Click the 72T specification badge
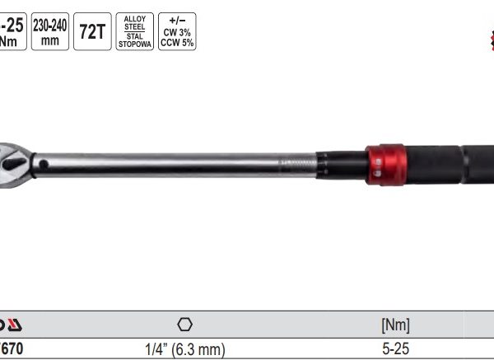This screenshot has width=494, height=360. point(91,31)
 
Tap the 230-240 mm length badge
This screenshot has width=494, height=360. point(49,31)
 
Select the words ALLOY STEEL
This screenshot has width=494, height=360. point(134,22)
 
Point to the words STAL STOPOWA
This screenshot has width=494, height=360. point(134,40)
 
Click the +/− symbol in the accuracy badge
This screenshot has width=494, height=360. point(177,18)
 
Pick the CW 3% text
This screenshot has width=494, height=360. point(177,30)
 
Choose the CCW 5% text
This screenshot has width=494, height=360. point(177,42)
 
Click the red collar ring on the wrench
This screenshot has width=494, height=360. point(385,164)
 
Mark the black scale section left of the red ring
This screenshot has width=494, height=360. point(341,164)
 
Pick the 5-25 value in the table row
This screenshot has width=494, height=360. point(395,349)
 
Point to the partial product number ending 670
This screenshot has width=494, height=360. point(12,349)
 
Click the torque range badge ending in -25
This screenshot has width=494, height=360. point(12,31)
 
